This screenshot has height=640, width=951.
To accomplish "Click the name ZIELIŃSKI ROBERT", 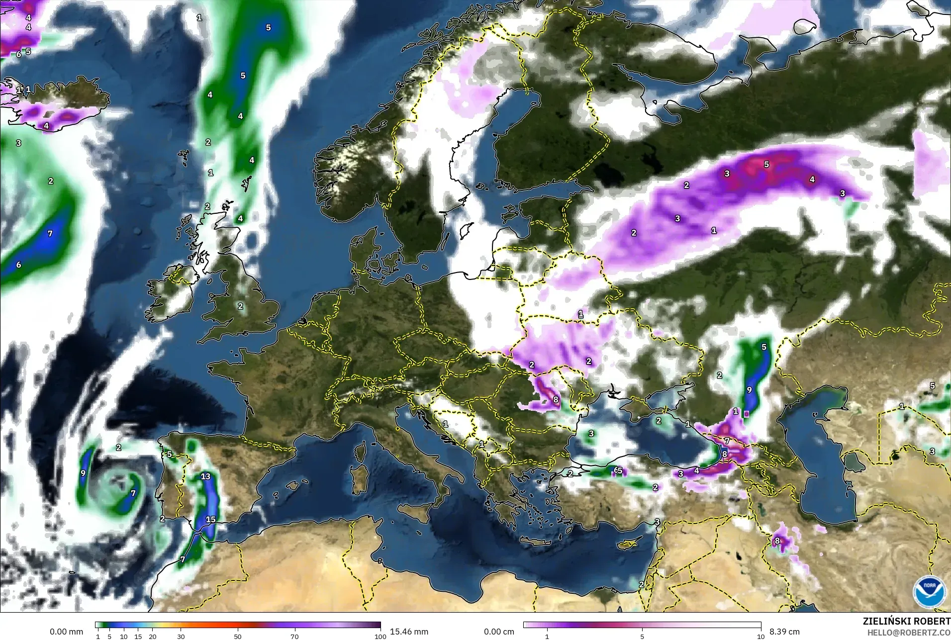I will (906, 622).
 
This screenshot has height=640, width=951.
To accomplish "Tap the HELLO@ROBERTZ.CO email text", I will (909, 633).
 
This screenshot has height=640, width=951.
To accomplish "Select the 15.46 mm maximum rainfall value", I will (409, 632).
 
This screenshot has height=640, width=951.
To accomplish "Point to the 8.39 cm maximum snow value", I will (784, 632).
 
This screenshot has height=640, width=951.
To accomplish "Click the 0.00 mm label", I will (67, 632).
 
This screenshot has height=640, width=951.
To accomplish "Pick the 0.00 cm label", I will (499, 632).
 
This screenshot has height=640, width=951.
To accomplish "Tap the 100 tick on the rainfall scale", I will (380, 636).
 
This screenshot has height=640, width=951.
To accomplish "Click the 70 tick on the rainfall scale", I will (295, 636).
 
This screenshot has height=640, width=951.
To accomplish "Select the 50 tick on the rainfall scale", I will (238, 636).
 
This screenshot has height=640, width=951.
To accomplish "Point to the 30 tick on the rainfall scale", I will (181, 636).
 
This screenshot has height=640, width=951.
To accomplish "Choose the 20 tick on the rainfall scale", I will (153, 636).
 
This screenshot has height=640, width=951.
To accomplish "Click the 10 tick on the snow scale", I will (761, 636).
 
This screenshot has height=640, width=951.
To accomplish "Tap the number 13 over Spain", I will (205, 476).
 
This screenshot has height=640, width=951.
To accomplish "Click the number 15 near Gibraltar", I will (210, 519).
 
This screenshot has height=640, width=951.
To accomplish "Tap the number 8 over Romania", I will (556, 399).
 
